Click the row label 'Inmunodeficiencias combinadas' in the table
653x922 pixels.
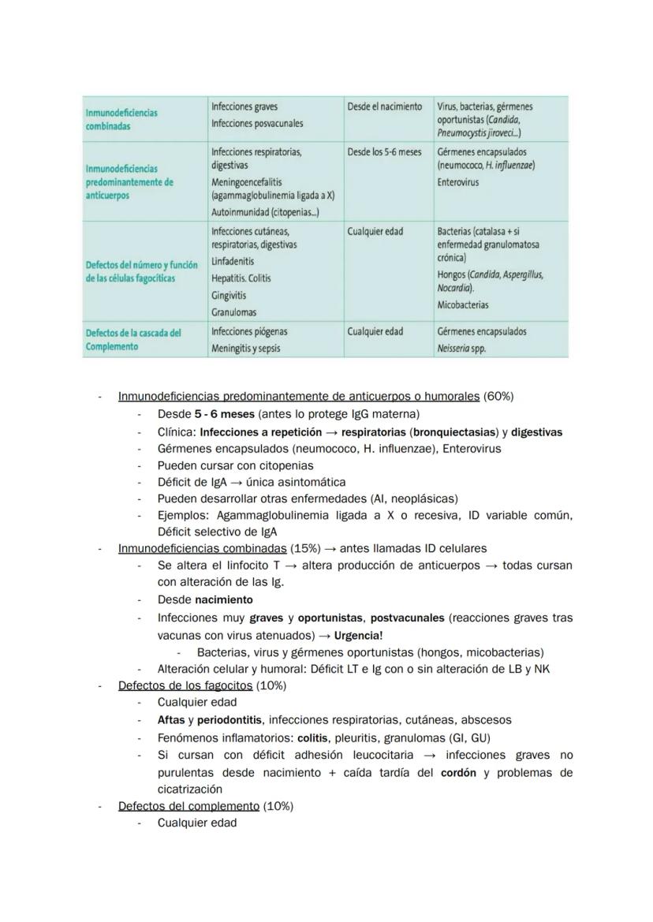(121, 119)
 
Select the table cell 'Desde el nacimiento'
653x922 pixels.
(385, 106)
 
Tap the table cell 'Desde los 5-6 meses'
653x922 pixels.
(385, 151)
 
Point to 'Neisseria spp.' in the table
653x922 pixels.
(461, 348)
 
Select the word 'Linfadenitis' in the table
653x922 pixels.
(233, 261)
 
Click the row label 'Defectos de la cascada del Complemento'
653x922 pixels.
(132, 339)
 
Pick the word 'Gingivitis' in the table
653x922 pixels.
(229, 295)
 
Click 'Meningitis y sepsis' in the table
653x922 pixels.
(245, 348)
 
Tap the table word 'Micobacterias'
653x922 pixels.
(462, 304)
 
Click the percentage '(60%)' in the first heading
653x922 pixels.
(498, 397)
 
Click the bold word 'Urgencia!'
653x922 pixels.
(357, 635)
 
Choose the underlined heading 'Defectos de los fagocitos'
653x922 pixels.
(185, 685)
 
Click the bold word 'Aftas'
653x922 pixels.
(170, 720)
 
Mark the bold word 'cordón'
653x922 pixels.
(459, 772)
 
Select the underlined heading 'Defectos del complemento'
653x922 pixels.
(188, 806)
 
